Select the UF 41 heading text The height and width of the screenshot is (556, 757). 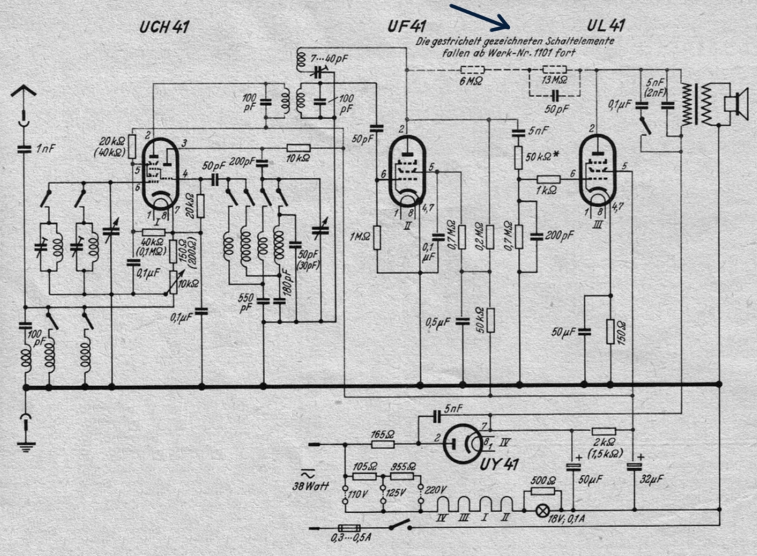406,27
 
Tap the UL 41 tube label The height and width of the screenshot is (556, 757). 605,26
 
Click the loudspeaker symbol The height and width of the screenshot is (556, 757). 734,103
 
